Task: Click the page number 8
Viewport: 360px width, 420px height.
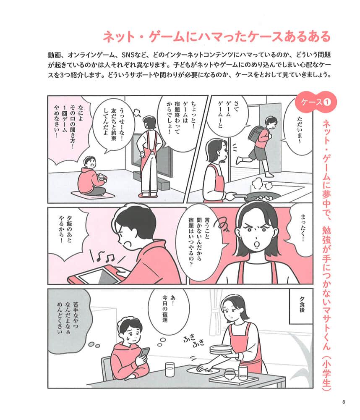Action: click(x=343, y=402)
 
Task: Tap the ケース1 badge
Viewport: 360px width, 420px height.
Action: click(x=316, y=102)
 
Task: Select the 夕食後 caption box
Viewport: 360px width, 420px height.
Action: click(x=301, y=306)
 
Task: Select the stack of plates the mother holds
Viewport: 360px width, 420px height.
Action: click(x=221, y=349)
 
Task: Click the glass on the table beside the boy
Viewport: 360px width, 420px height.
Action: click(x=170, y=370)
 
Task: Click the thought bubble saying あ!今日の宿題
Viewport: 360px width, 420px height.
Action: click(x=168, y=312)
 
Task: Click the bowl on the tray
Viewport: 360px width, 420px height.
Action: click(x=230, y=373)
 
